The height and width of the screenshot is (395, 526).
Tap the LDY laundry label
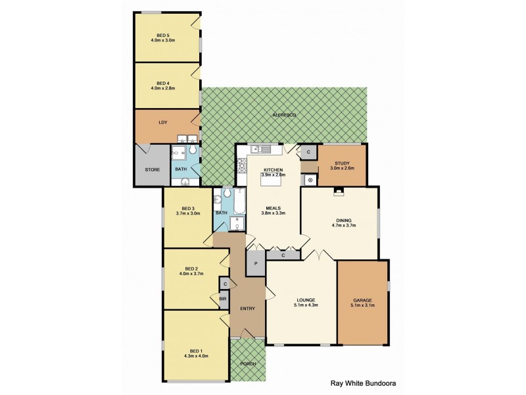(x=162, y=122)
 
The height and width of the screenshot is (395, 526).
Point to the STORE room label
(x=152, y=170)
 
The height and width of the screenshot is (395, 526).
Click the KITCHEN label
(x=273, y=169)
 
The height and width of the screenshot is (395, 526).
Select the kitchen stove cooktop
(x=242, y=165)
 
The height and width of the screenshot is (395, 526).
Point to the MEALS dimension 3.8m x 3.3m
(x=273, y=213)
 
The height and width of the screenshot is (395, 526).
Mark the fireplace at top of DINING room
(x=339, y=192)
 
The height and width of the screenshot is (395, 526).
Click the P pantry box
(x=255, y=265)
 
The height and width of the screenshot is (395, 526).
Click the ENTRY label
(x=247, y=308)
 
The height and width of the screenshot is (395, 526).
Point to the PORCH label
(x=247, y=363)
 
